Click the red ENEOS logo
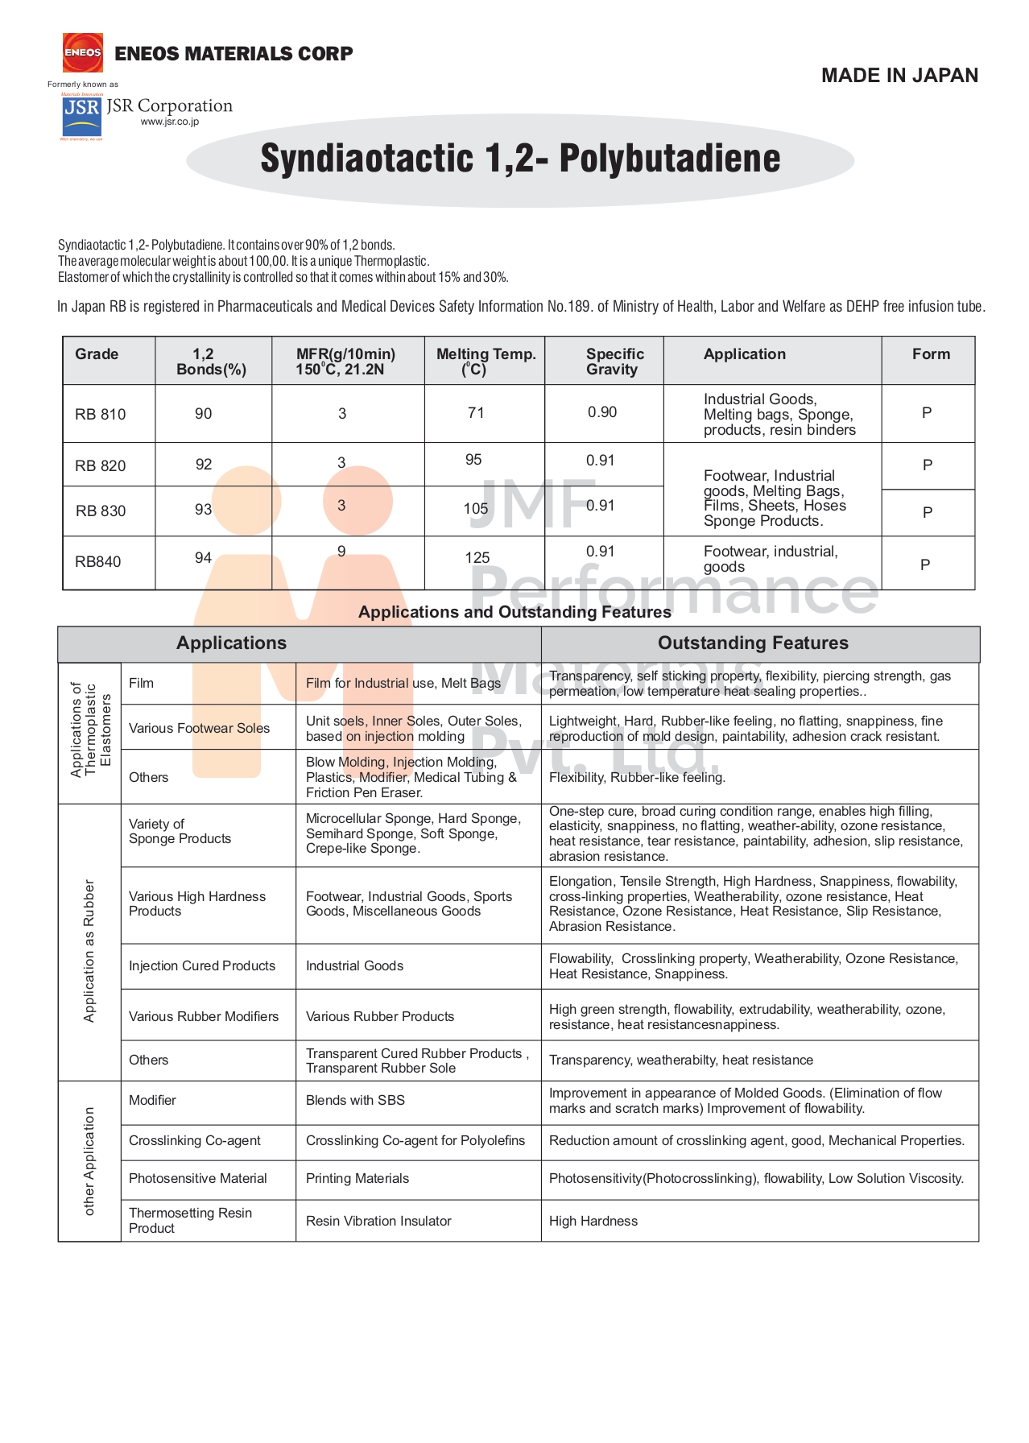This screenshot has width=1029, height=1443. tap(83, 52)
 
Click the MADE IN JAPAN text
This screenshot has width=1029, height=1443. tap(899, 76)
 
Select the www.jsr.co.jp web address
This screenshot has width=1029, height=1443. tap(170, 122)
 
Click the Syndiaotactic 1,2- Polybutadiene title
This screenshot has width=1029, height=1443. tap(520, 159)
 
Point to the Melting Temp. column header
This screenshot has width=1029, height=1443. tap(486, 362)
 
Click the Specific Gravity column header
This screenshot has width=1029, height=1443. tap(614, 362)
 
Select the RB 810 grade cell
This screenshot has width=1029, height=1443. tap(101, 414)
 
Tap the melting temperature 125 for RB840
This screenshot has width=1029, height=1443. tap(477, 557)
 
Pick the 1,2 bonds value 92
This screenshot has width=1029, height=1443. tap(204, 465)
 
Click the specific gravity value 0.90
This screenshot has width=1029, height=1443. tap(602, 412)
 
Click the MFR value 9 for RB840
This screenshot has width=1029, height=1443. tap(341, 552)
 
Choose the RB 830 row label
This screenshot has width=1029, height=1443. tap(101, 511)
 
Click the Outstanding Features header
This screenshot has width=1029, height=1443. tap(753, 643)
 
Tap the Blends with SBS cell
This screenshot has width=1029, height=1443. tap(355, 1100)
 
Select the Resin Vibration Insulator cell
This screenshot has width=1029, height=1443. tap(378, 1221)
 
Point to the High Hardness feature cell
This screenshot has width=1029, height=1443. tap(593, 1221)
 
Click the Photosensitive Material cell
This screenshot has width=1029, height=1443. tap(198, 1178)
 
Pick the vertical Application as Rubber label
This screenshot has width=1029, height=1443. tap(89, 951)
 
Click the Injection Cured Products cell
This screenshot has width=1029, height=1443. tap(202, 965)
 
